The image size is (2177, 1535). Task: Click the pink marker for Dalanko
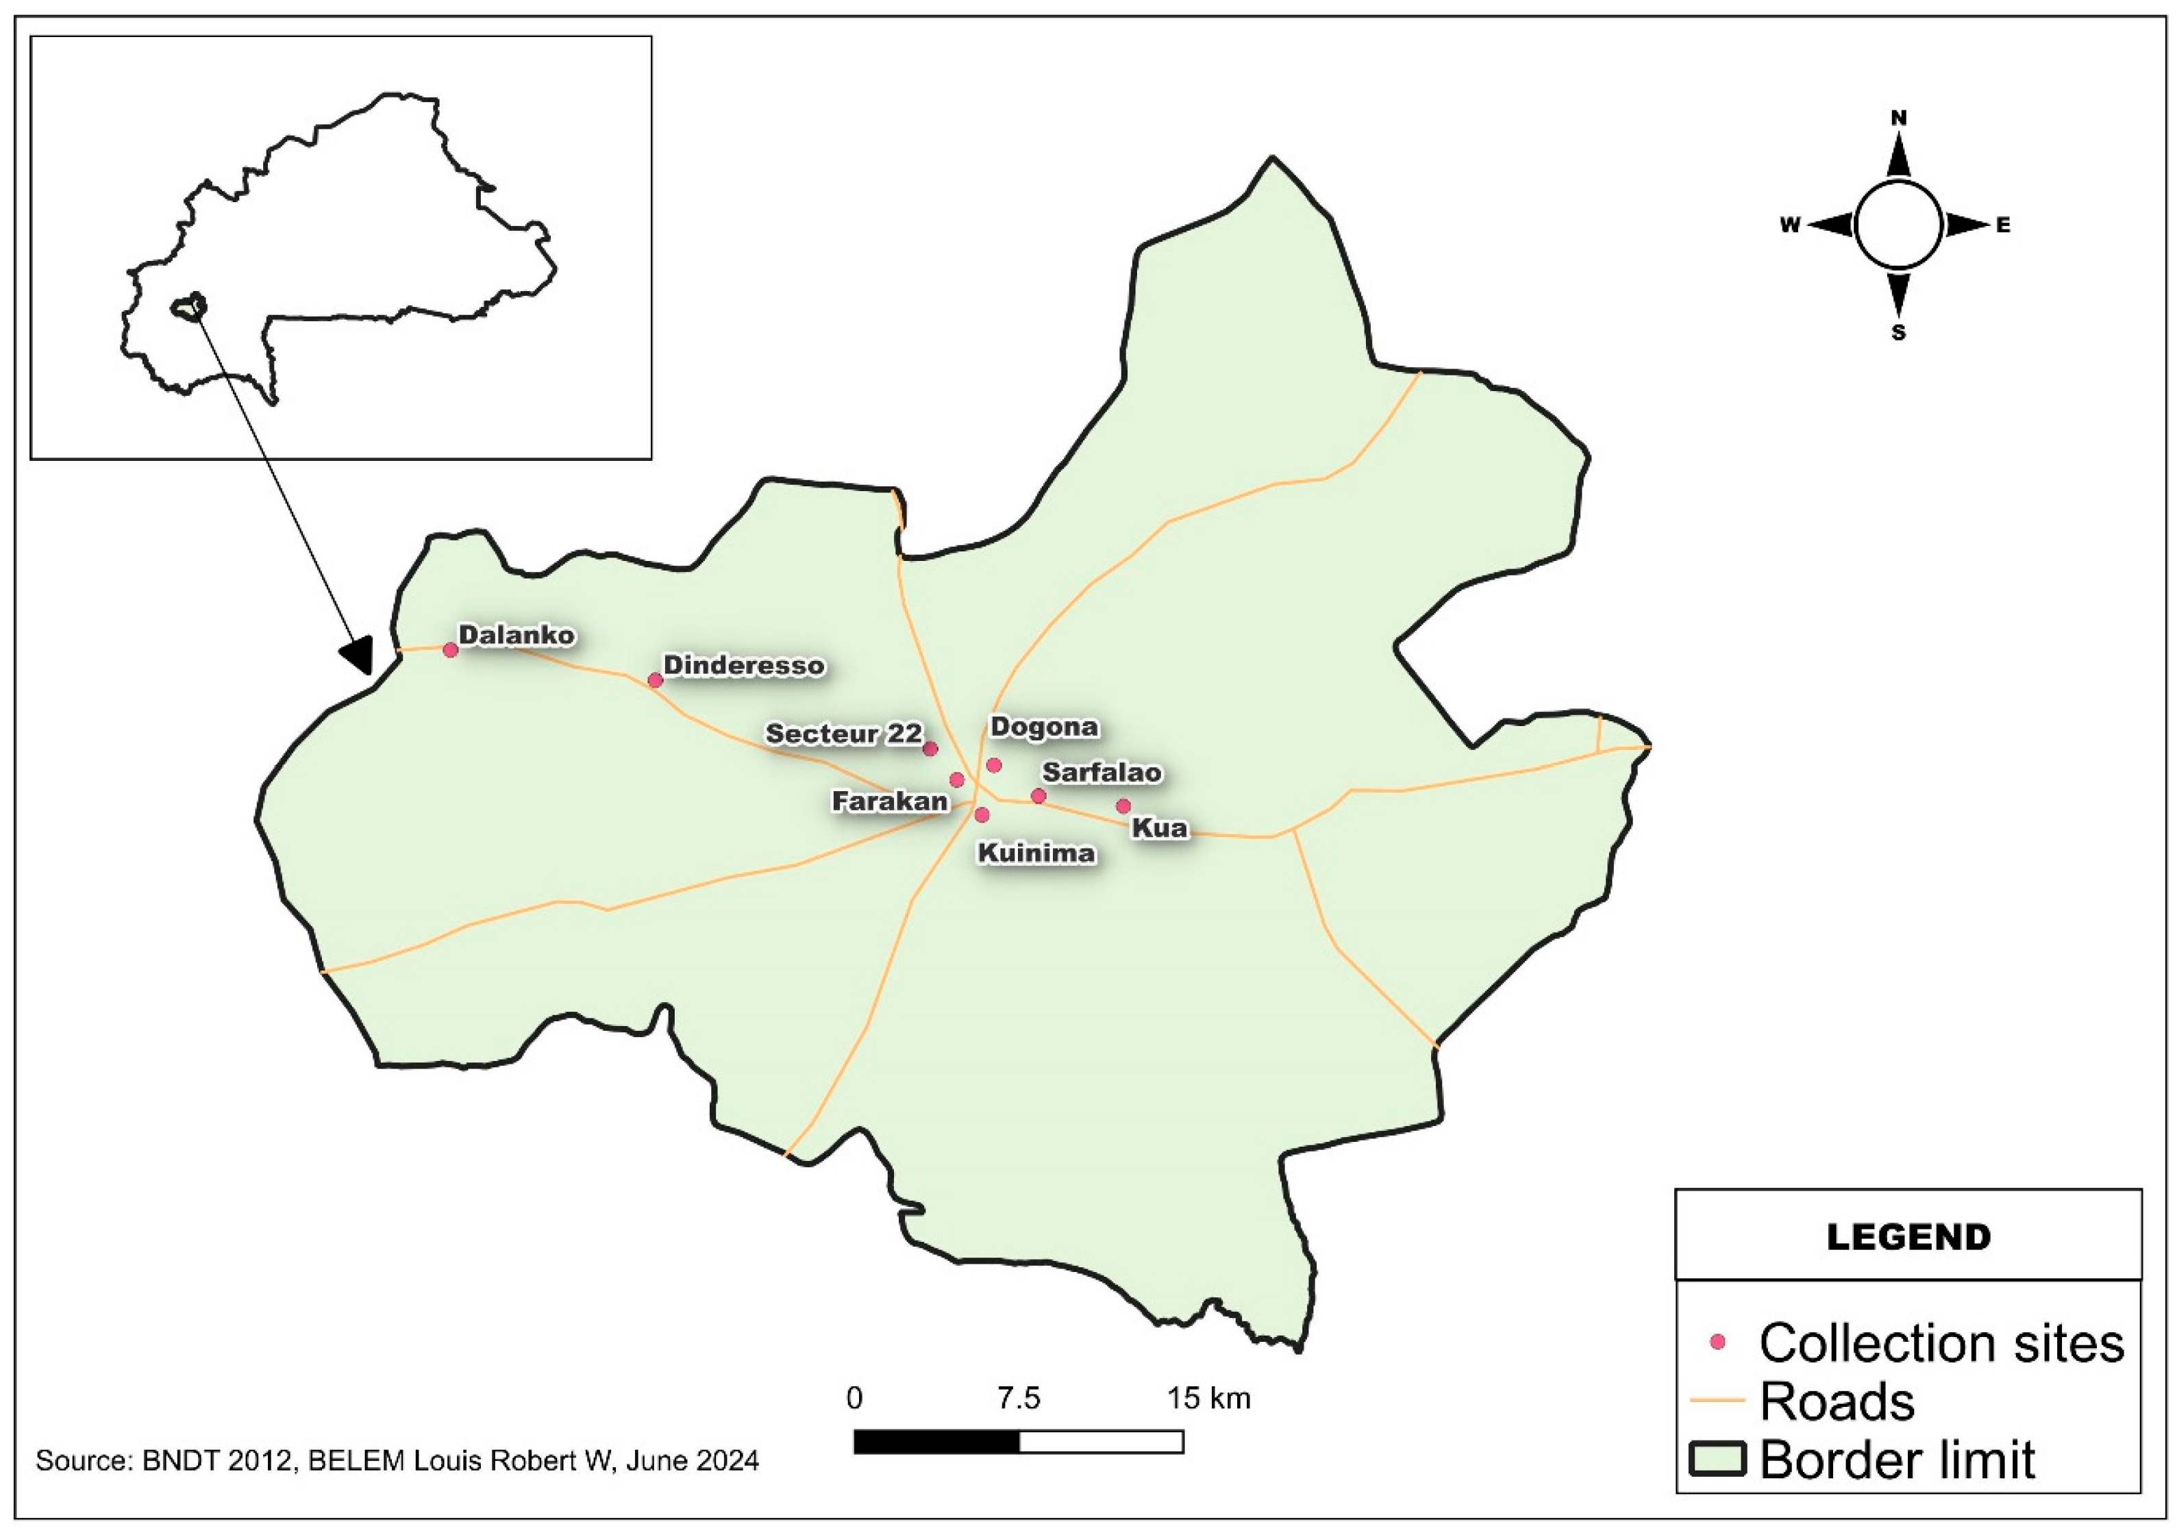click(x=450, y=649)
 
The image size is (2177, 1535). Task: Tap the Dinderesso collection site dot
click(x=655, y=679)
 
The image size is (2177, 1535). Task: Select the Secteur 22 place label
click(x=843, y=734)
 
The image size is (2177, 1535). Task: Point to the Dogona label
click(x=1044, y=727)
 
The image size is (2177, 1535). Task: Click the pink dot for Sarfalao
click(x=1038, y=795)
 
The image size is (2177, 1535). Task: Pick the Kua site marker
click(x=1123, y=806)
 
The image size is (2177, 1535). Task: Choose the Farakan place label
click(x=889, y=802)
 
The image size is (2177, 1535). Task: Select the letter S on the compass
click(x=1898, y=333)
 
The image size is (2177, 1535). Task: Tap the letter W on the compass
click(x=1789, y=225)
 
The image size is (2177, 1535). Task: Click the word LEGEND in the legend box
click(x=1908, y=1237)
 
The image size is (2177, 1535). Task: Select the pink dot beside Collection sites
click(x=1717, y=1343)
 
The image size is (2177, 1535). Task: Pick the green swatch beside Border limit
click(x=1717, y=1459)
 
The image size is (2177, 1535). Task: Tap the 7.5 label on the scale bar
click(x=1019, y=1397)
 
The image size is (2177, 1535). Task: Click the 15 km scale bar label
click(x=1208, y=1397)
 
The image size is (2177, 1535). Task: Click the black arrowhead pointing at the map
click(x=358, y=653)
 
